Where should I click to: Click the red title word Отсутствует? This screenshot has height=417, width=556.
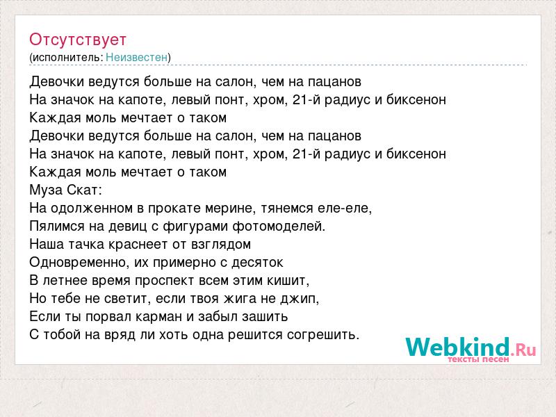[x=78, y=40]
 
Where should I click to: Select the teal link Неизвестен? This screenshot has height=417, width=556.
[x=136, y=57]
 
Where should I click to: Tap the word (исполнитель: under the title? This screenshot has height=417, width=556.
[x=66, y=58]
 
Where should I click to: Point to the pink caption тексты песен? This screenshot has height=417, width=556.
[x=478, y=359]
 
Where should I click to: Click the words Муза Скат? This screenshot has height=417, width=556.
[x=65, y=190]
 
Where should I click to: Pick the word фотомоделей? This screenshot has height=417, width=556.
[x=279, y=227]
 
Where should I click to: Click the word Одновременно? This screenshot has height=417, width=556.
[x=80, y=263]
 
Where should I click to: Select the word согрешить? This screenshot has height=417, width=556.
[x=323, y=335]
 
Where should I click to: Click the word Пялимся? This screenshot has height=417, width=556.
[x=57, y=227]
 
